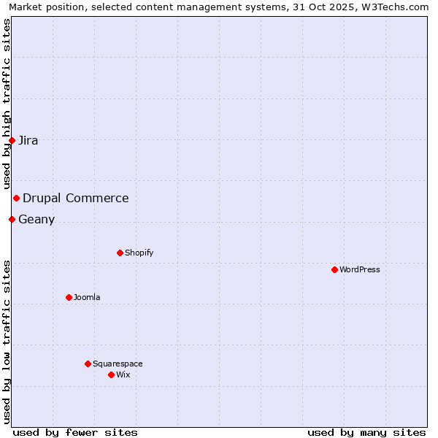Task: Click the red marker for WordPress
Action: (x=334, y=269)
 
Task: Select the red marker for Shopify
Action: (x=120, y=253)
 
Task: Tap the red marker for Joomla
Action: (x=69, y=297)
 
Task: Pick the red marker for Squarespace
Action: (x=88, y=364)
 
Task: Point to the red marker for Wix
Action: (x=111, y=374)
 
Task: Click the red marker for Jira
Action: (x=12, y=140)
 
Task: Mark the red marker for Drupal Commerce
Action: (x=16, y=198)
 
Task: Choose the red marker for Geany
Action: (x=12, y=219)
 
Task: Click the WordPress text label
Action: (x=360, y=269)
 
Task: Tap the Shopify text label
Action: (x=139, y=253)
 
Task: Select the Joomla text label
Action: (x=87, y=297)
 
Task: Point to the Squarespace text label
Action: (x=118, y=364)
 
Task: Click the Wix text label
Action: (x=123, y=374)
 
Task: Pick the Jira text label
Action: (x=28, y=140)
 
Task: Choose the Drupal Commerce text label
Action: (x=76, y=198)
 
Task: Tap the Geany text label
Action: (x=36, y=219)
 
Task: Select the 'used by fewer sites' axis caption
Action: (x=75, y=432)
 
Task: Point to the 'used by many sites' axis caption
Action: (x=366, y=432)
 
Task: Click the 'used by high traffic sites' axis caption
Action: (x=7, y=104)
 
